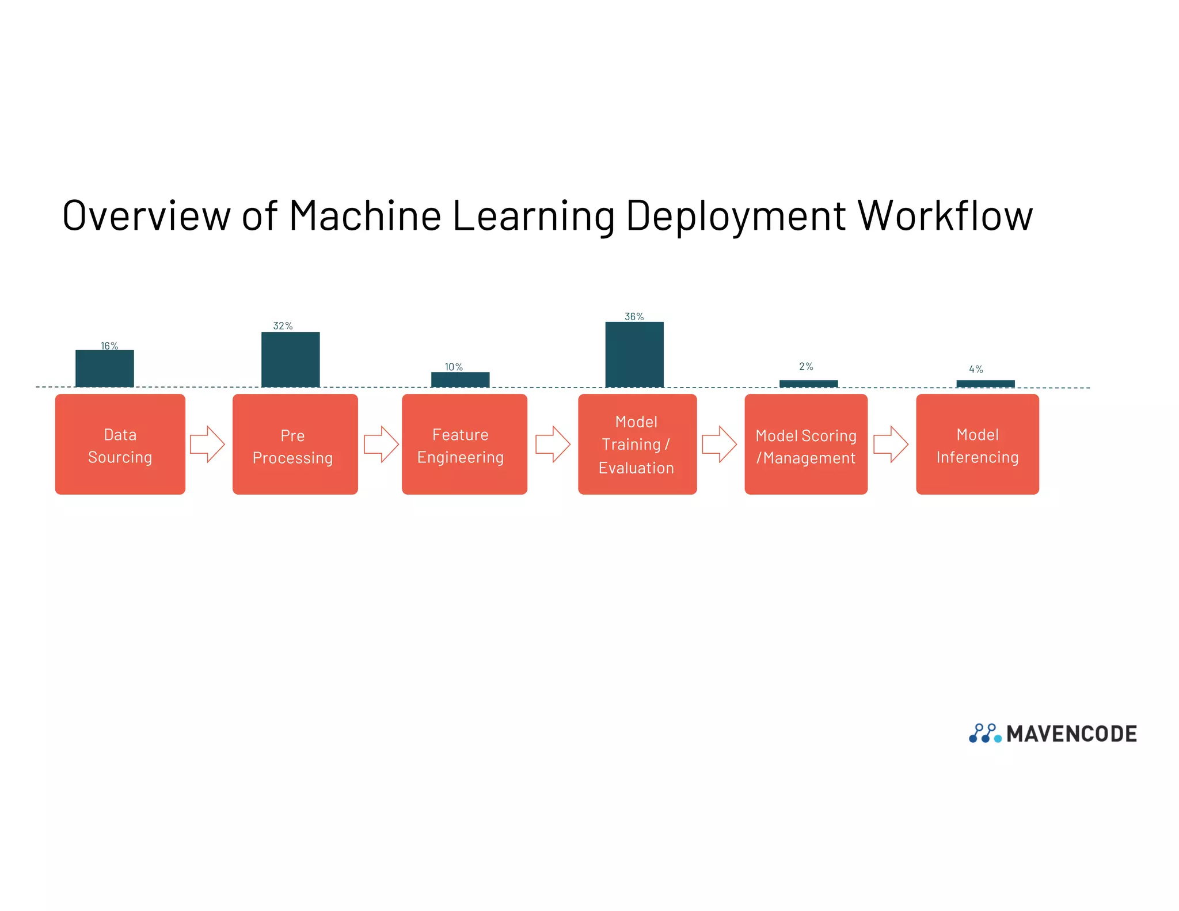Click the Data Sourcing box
pyautogui.click(x=120, y=444)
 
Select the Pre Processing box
pyautogui.click(x=295, y=444)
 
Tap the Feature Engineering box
pyautogui.click(x=464, y=444)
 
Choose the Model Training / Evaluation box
pyautogui.click(x=637, y=444)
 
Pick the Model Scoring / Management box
pyautogui.click(x=806, y=444)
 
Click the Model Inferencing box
pyautogui.click(x=978, y=444)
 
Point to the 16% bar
pyautogui.click(x=105, y=369)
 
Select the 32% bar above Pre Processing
pyautogui.click(x=291, y=359)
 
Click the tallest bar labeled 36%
pyautogui.click(x=634, y=354)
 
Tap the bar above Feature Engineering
pyautogui.click(x=461, y=379)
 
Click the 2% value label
pyautogui.click(x=806, y=366)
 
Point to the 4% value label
pyautogui.click(x=976, y=369)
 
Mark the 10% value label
pyautogui.click(x=454, y=367)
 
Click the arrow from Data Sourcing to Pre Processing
pyautogui.click(x=207, y=444)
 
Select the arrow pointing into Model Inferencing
pyautogui.click(x=891, y=444)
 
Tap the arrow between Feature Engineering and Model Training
pyautogui.click(x=553, y=444)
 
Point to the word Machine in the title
pyautogui.click(x=365, y=216)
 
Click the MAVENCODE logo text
pyautogui.click(x=1071, y=734)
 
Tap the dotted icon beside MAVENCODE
pyautogui.click(x=985, y=733)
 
